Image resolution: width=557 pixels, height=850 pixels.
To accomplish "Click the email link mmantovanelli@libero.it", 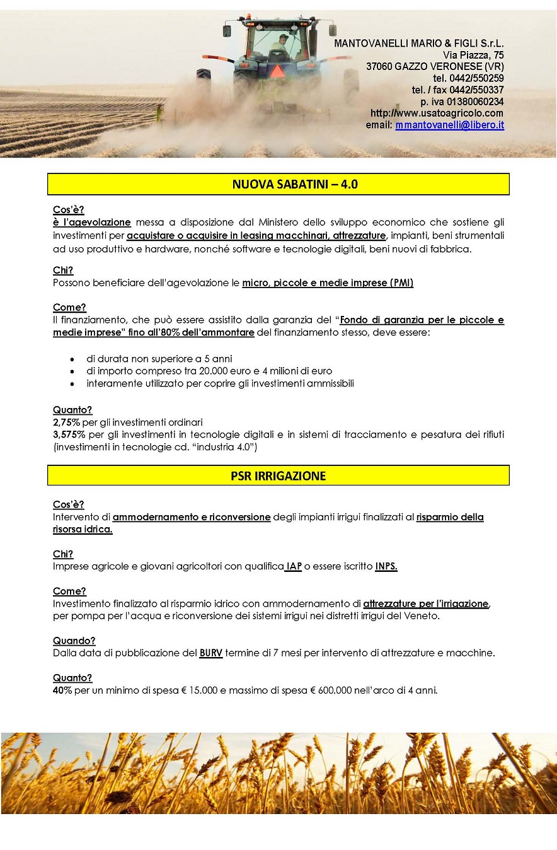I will coord(449,125).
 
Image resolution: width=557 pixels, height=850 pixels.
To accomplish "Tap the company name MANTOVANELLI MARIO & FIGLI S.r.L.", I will coord(418,44).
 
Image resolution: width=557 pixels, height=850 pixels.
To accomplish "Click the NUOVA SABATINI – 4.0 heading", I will coord(278,184).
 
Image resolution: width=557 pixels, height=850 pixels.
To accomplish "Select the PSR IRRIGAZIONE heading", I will coord(278,475).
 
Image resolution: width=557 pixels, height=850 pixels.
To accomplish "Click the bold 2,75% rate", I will coord(67,422).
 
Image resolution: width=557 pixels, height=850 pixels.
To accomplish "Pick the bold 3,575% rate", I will coord(69,434).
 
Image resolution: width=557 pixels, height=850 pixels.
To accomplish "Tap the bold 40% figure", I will coord(62,690).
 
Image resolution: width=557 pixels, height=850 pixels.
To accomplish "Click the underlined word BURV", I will coord(211,653).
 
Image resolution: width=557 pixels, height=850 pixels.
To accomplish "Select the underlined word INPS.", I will coord(386,566).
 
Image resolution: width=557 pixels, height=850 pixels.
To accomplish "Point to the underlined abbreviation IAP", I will coord(294,566).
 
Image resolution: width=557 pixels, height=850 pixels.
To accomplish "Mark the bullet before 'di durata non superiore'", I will coord(73,359).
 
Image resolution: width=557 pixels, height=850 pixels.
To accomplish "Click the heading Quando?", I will coord(74,641).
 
